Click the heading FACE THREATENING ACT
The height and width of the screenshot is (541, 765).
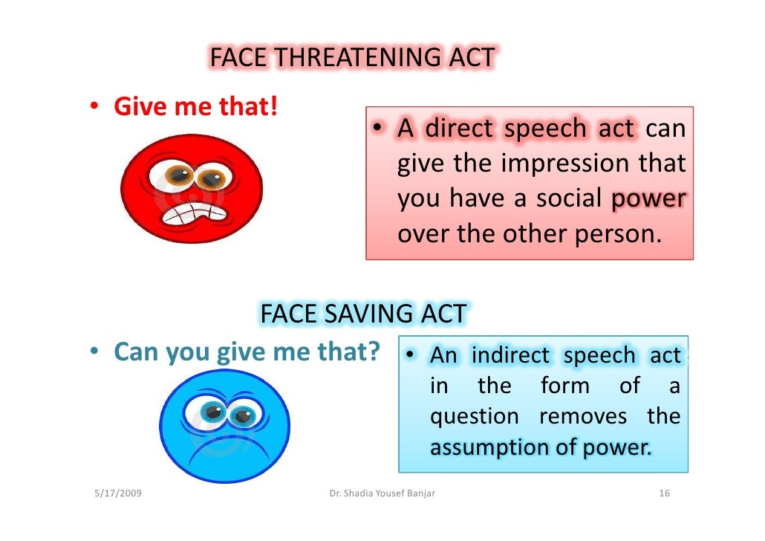pyautogui.click(x=352, y=58)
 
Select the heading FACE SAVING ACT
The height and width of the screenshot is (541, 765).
pyautogui.click(x=363, y=314)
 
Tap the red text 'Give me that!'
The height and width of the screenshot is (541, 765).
pyautogui.click(x=195, y=108)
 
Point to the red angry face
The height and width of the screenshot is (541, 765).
pyautogui.click(x=192, y=188)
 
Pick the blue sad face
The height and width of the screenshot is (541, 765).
pyautogui.click(x=224, y=427)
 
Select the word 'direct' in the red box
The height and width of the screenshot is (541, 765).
pyautogui.click(x=458, y=129)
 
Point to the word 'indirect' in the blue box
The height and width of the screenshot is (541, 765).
pyautogui.click(x=512, y=356)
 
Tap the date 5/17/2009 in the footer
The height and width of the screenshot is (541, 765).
pyautogui.click(x=120, y=493)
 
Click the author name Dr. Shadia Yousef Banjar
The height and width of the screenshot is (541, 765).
pyautogui.click(x=382, y=493)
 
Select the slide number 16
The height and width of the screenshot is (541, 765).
pyautogui.click(x=665, y=493)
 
